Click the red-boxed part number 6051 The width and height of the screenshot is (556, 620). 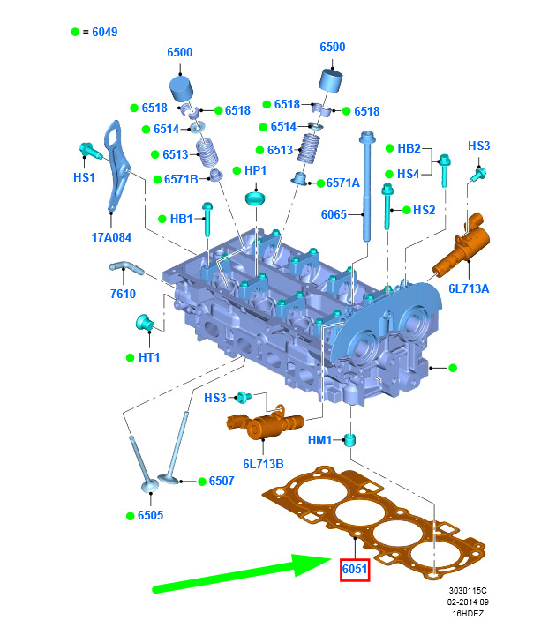click(355, 570)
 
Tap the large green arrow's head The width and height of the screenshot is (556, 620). click(312, 564)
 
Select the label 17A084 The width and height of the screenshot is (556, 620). click(111, 237)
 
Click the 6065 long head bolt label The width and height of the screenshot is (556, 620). click(334, 214)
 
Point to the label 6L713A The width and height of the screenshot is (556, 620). click(469, 288)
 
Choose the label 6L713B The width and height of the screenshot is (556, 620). click(263, 464)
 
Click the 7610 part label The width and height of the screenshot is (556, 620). click(123, 294)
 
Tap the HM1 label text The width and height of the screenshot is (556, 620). click(319, 440)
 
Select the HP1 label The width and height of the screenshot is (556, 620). click(255, 170)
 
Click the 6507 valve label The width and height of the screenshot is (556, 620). click(222, 481)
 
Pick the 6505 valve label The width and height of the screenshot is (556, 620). click(150, 515)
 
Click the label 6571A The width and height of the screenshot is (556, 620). click(342, 183)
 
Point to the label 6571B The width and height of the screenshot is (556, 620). click(181, 179)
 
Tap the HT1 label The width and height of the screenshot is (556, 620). click(149, 357)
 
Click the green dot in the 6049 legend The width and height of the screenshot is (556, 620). click(75, 32)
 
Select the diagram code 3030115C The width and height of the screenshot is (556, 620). click(468, 590)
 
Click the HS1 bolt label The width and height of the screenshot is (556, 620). click(85, 177)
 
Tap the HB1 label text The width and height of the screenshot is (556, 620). click(181, 219)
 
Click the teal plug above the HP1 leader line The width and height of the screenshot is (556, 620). click(255, 198)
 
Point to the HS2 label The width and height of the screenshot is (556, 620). click(424, 210)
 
